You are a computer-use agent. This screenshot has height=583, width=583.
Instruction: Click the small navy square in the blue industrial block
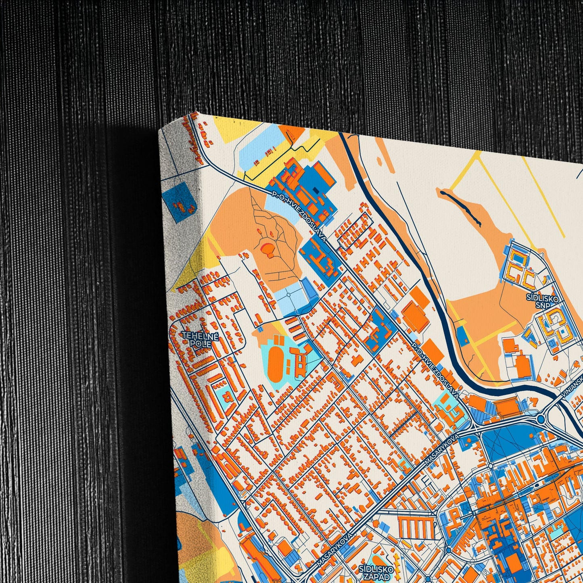pos(316,189)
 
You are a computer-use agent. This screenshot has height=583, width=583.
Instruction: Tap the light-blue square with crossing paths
pos(289,295)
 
